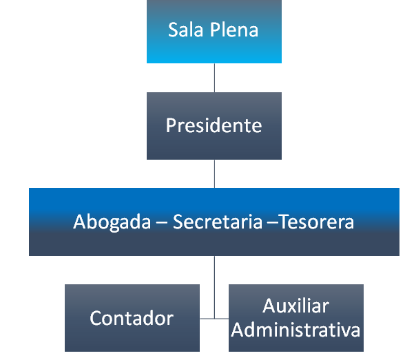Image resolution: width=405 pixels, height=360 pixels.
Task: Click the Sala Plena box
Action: pyautogui.click(x=214, y=32)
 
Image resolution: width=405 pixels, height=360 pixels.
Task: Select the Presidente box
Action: pyautogui.click(x=214, y=126)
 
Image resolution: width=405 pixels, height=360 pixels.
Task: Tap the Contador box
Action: pyautogui.click(x=132, y=318)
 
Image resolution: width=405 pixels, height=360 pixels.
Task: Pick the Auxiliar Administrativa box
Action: pyautogui.click(x=296, y=318)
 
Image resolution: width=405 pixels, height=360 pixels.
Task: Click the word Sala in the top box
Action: pyautogui.click(x=185, y=30)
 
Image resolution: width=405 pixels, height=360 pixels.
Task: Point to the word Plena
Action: pyautogui.click(x=234, y=30)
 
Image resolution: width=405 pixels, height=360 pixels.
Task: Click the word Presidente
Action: pyautogui.click(x=214, y=125)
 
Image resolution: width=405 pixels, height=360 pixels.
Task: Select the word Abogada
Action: pyautogui.click(x=112, y=222)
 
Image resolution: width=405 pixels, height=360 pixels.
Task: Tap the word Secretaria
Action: pyautogui.click(x=218, y=222)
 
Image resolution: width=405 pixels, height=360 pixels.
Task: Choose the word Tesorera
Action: pyautogui.click(x=317, y=222)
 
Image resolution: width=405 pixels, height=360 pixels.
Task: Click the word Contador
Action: pyautogui.click(x=132, y=318)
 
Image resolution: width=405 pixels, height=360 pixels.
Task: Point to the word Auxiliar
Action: pyautogui.click(x=296, y=306)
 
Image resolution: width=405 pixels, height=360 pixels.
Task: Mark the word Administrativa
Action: pyautogui.click(x=295, y=330)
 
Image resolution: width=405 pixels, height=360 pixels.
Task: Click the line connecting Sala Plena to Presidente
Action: pyautogui.click(x=214, y=78)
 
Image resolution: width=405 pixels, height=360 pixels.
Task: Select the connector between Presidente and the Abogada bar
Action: pyautogui.click(x=214, y=173)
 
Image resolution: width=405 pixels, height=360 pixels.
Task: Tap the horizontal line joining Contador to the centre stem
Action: pyautogui.click(x=207, y=319)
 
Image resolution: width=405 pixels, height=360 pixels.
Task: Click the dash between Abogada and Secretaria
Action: pyautogui.click(x=162, y=223)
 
